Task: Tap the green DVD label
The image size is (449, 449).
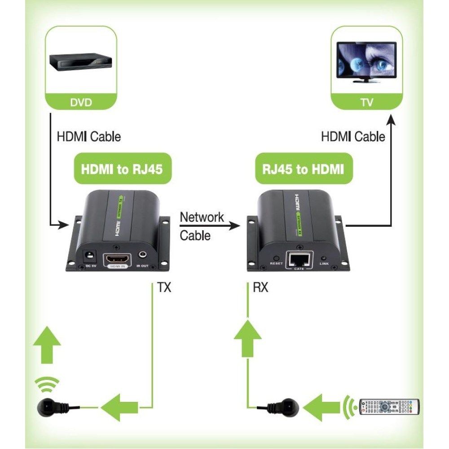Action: pos(81,102)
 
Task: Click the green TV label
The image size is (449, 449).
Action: pos(366,102)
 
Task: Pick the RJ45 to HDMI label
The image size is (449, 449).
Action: pos(304,169)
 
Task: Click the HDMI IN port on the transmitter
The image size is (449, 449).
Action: pos(118,260)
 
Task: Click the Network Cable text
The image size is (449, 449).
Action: pos(201,226)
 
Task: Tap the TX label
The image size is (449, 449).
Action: pos(163,287)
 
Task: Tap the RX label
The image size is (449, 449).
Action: pos(260,287)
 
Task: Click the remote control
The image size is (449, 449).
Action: pos(388,406)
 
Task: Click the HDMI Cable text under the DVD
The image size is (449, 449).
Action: pos(88,136)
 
